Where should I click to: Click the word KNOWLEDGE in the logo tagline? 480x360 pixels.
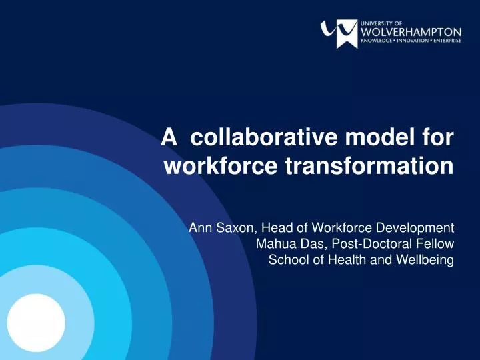[x=377, y=41]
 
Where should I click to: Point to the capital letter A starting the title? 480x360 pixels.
[x=170, y=138]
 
